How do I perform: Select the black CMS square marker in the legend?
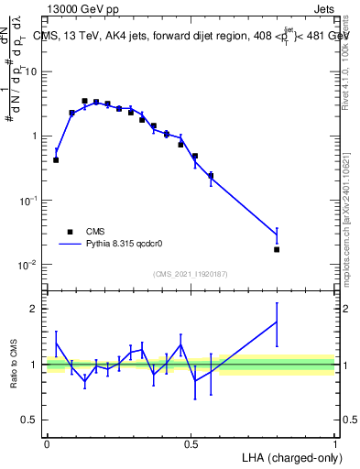click(69, 232)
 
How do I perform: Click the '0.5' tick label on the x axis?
click(191, 443)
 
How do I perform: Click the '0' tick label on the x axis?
click(47, 443)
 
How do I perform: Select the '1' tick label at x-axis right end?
click(335, 443)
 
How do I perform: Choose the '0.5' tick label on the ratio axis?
click(31, 420)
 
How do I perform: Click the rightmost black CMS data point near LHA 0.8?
click(277, 249)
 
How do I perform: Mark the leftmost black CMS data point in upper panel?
click(56, 159)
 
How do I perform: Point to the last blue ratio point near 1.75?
click(277, 322)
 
